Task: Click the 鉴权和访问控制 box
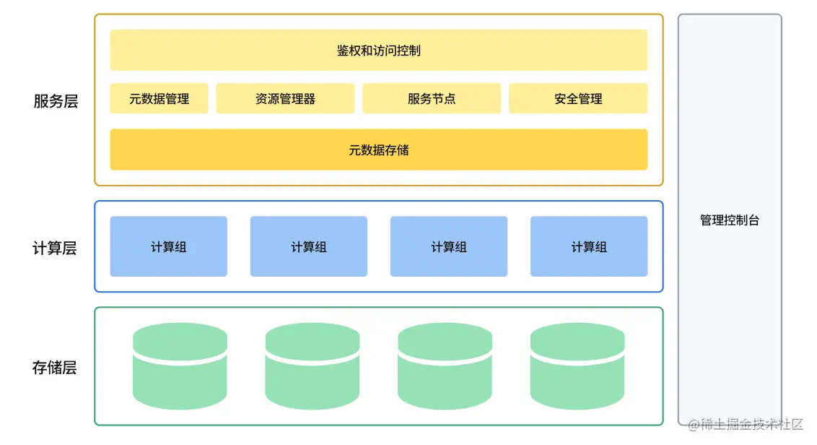point(378,50)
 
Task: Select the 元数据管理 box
point(159,99)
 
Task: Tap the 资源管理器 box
point(285,99)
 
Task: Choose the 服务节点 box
point(432,99)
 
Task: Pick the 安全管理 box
point(578,99)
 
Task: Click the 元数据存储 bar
point(378,150)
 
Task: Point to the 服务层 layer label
point(56,101)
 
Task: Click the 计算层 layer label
point(54,249)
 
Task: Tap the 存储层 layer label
point(54,368)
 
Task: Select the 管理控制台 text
point(730,220)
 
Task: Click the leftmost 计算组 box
point(168,247)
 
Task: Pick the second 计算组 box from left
point(308,247)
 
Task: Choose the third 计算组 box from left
point(449,247)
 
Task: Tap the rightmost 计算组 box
point(589,247)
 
